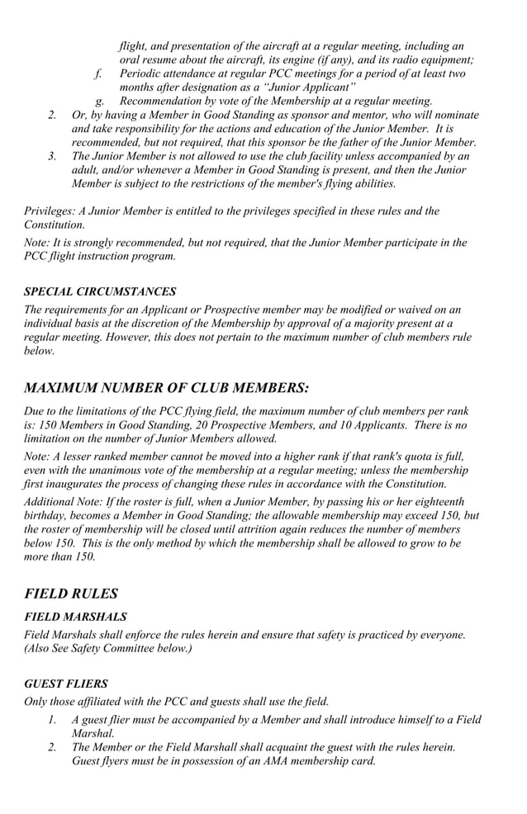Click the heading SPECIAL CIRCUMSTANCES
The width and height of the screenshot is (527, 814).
(99, 291)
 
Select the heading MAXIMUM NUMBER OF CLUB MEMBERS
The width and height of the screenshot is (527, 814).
(166, 387)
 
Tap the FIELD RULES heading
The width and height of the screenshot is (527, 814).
(71, 593)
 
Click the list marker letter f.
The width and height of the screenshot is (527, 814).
(97, 73)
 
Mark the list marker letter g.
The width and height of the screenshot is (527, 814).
(98, 101)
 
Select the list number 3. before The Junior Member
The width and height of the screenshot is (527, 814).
(53, 155)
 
